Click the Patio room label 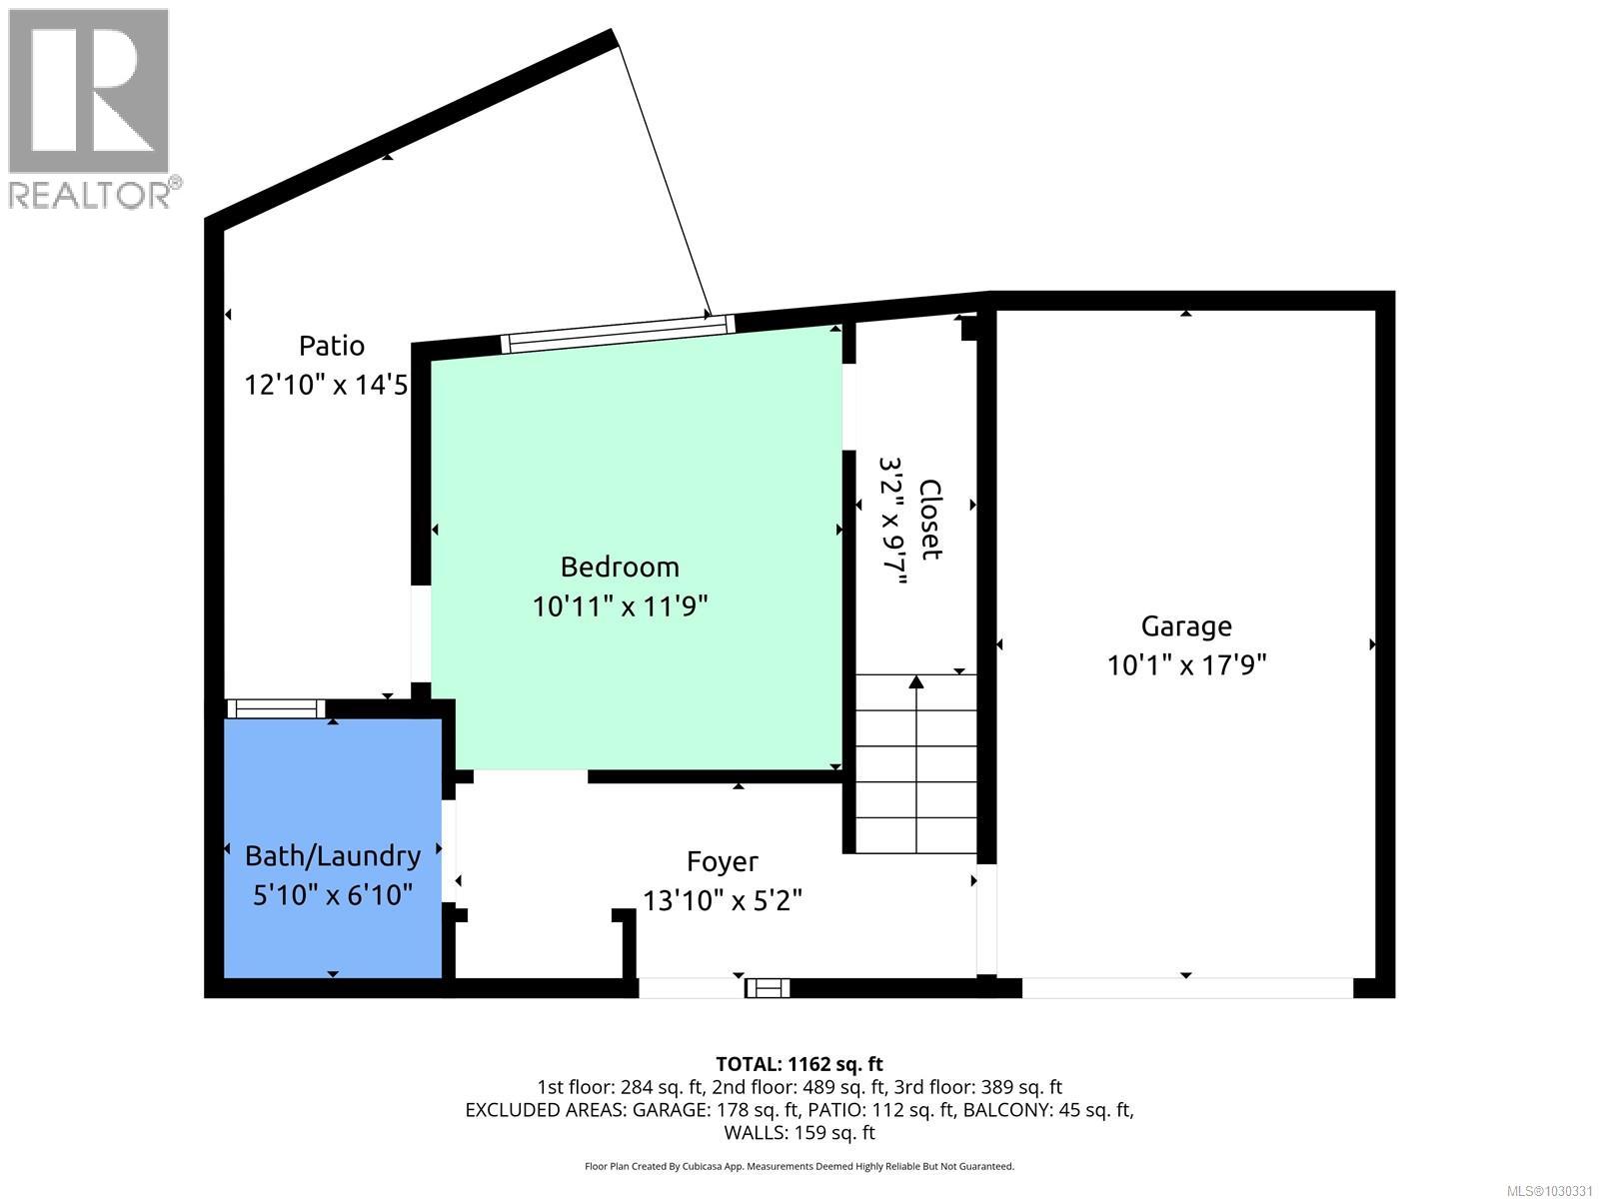[332, 346]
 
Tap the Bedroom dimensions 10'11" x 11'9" [620, 605]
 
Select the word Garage [1186, 626]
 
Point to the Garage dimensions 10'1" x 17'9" [1186, 664]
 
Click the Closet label [930, 520]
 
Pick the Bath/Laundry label [333, 856]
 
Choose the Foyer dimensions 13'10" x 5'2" [722, 900]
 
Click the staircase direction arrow [915, 683]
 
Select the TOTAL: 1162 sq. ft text [799, 1064]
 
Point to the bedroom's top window [617, 334]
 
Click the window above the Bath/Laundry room [276, 708]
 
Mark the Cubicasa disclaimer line [799, 1166]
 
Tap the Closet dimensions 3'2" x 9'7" [892, 520]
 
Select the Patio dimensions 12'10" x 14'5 [326, 385]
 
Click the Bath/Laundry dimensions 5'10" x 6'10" [333, 894]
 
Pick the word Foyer [722, 861]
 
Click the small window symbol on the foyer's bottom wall [768, 988]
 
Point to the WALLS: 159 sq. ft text [799, 1132]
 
